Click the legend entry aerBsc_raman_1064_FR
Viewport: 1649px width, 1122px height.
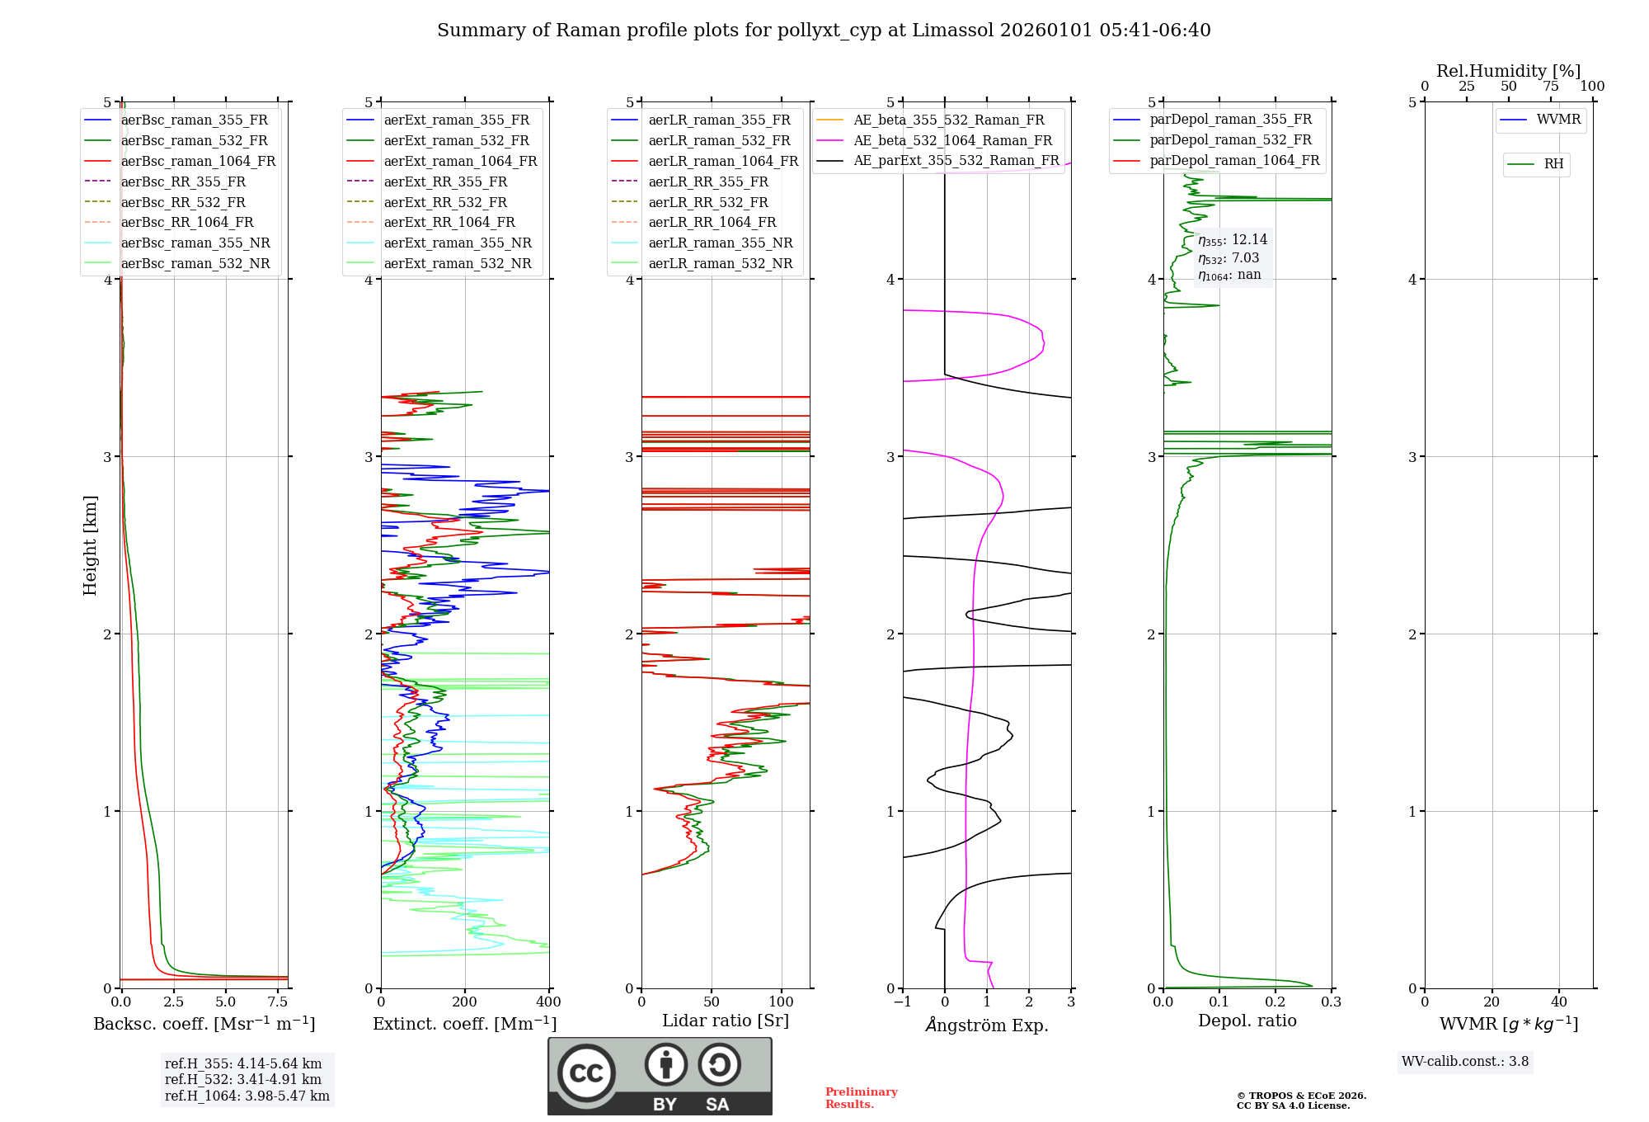coord(198,162)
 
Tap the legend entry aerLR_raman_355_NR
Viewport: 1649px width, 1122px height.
coord(720,243)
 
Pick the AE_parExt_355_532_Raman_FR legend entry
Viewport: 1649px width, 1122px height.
coord(956,161)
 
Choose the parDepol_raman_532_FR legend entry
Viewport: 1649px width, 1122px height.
coord(1230,140)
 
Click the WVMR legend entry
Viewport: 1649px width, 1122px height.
coord(1558,120)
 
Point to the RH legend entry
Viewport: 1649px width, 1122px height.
coord(1553,164)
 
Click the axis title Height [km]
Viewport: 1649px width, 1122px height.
coord(90,545)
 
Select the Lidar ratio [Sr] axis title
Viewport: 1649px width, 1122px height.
coord(726,1021)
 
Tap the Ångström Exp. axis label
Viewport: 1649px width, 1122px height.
coord(987,1025)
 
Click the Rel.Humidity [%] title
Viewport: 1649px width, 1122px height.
coord(1508,71)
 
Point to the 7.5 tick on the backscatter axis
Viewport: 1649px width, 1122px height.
coord(278,1002)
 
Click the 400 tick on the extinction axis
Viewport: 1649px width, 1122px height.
coord(549,1002)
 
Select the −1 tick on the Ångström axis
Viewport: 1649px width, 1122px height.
coord(903,1002)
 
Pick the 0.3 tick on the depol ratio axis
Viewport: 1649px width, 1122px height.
coord(1331,1002)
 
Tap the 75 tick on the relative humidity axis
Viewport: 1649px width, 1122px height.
coord(1551,87)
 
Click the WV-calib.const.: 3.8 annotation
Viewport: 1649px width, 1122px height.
coord(1465,1062)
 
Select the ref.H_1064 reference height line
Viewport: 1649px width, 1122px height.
coord(247,1096)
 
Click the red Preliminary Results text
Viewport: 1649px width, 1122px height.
coord(861,1098)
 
